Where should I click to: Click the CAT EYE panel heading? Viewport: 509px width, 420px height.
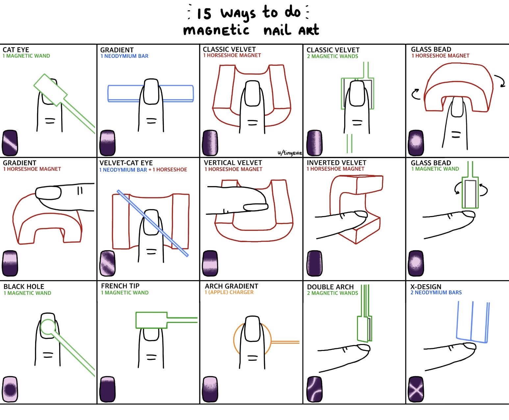click(16, 50)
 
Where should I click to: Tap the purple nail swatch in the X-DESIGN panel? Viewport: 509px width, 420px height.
click(416, 389)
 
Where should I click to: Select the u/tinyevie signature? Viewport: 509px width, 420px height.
click(290, 153)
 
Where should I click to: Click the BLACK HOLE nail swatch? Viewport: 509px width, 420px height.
click(10, 389)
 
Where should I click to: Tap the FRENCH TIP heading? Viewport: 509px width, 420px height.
click(120, 286)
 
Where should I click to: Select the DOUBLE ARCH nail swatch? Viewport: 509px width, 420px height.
click(315, 389)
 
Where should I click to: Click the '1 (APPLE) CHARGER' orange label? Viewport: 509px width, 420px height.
click(229, 292)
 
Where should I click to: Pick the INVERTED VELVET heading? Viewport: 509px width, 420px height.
click(336, 162)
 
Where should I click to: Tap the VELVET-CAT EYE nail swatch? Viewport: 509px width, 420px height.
click(108, 263)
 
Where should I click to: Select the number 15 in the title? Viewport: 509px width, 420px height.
click(204, 14)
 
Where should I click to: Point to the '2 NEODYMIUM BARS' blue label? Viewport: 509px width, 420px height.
click(436, 292)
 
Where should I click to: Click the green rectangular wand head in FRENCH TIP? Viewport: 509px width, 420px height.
click(151, 320)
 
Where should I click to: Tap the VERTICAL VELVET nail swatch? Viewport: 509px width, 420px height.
click(210, 263)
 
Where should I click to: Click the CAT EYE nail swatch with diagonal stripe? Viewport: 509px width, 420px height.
click(10, 143)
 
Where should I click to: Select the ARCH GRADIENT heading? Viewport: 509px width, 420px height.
click(231, 286)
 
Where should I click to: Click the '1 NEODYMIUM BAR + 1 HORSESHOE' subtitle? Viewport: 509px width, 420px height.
click(143, 169)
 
